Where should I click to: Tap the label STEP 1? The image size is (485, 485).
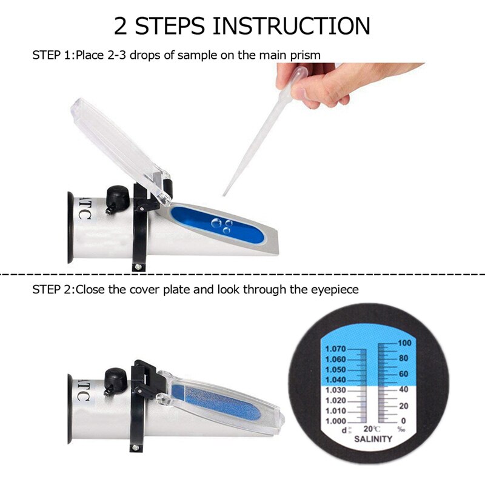[52, 55]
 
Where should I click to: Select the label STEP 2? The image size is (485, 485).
[52, 290]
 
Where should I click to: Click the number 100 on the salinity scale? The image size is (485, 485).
[405, 343]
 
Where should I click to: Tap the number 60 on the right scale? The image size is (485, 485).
[403, 374]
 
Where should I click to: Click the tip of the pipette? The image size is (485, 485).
[225, 194]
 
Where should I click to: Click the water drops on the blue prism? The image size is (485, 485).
[219, 226]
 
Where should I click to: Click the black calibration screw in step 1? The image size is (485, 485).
[115, 198]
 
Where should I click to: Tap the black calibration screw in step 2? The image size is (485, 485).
[115, 378]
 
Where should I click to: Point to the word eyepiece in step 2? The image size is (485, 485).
[334, 290]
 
